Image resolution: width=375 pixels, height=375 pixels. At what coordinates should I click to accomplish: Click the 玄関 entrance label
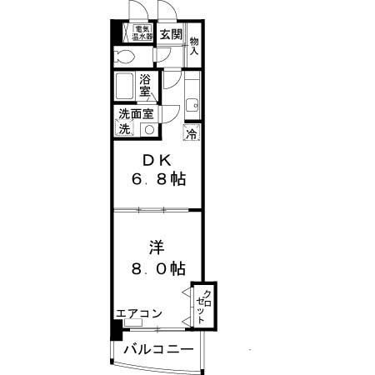coord(171,35)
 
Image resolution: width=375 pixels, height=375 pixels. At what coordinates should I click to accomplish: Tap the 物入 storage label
coord(194,47)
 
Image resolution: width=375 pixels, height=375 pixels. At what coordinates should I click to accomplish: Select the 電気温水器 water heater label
coord(142,32)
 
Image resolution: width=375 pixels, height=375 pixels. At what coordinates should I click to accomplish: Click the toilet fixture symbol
coord(124,57)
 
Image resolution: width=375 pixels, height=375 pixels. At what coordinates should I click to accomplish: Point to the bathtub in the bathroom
coord(124,86)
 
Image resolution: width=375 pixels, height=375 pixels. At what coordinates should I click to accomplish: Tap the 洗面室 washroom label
coord(136,114)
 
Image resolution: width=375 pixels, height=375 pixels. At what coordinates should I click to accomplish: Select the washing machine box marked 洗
coord(124,128)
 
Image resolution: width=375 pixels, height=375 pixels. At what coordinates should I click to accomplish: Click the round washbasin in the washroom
coord(150,130)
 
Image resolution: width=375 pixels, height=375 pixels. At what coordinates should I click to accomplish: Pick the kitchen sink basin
coord(192,106)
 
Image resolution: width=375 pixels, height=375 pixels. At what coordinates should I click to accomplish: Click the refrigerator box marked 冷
coord(192,133)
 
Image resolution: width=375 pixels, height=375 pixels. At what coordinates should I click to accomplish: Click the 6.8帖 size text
coord(158,179)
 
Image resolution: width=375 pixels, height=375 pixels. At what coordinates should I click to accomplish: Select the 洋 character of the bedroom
coord(157,248)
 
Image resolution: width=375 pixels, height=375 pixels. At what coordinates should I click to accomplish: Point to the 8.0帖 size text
coord(158,268)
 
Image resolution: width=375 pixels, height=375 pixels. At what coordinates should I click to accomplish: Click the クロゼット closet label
coord(203,307)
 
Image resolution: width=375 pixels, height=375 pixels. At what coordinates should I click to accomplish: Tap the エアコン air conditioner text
coord(139,313)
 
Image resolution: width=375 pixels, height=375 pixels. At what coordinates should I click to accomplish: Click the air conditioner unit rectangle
coord(133,323)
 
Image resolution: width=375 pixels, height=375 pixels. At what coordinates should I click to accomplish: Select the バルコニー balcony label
coord(158,349)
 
